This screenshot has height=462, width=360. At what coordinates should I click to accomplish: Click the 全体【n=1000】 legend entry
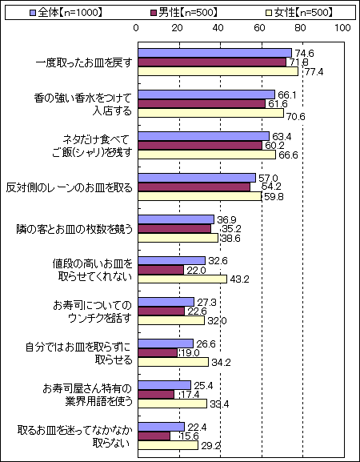66,13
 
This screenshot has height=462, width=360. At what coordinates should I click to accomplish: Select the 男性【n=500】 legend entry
184,13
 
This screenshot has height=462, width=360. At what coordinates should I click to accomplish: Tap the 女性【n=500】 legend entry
299,13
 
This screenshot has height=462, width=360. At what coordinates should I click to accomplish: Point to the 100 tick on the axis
342,28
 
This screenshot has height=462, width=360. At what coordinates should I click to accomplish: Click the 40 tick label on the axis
218,28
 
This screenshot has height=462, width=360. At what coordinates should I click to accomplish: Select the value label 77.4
314,72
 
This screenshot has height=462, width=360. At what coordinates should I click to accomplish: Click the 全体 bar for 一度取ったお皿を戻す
215,53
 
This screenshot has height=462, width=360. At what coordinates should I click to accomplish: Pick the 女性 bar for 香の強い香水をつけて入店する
210,113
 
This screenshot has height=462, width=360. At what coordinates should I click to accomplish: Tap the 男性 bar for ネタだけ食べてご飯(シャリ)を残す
200,146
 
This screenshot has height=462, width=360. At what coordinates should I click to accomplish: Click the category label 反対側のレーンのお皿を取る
69,188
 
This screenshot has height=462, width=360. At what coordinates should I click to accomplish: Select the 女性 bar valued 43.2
182,279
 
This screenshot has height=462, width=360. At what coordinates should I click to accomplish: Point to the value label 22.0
197,270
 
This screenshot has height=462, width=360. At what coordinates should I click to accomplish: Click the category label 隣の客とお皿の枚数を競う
74,229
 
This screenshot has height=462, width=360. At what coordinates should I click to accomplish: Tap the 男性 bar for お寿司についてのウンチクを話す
162,311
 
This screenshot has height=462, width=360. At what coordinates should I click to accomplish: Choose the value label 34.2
221,363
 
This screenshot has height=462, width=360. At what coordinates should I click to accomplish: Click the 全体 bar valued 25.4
165,385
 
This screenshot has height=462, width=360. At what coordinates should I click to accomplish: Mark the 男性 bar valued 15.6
154,436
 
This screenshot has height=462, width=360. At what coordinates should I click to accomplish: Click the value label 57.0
268,179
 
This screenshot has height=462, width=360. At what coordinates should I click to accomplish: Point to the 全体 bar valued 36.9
176,219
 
